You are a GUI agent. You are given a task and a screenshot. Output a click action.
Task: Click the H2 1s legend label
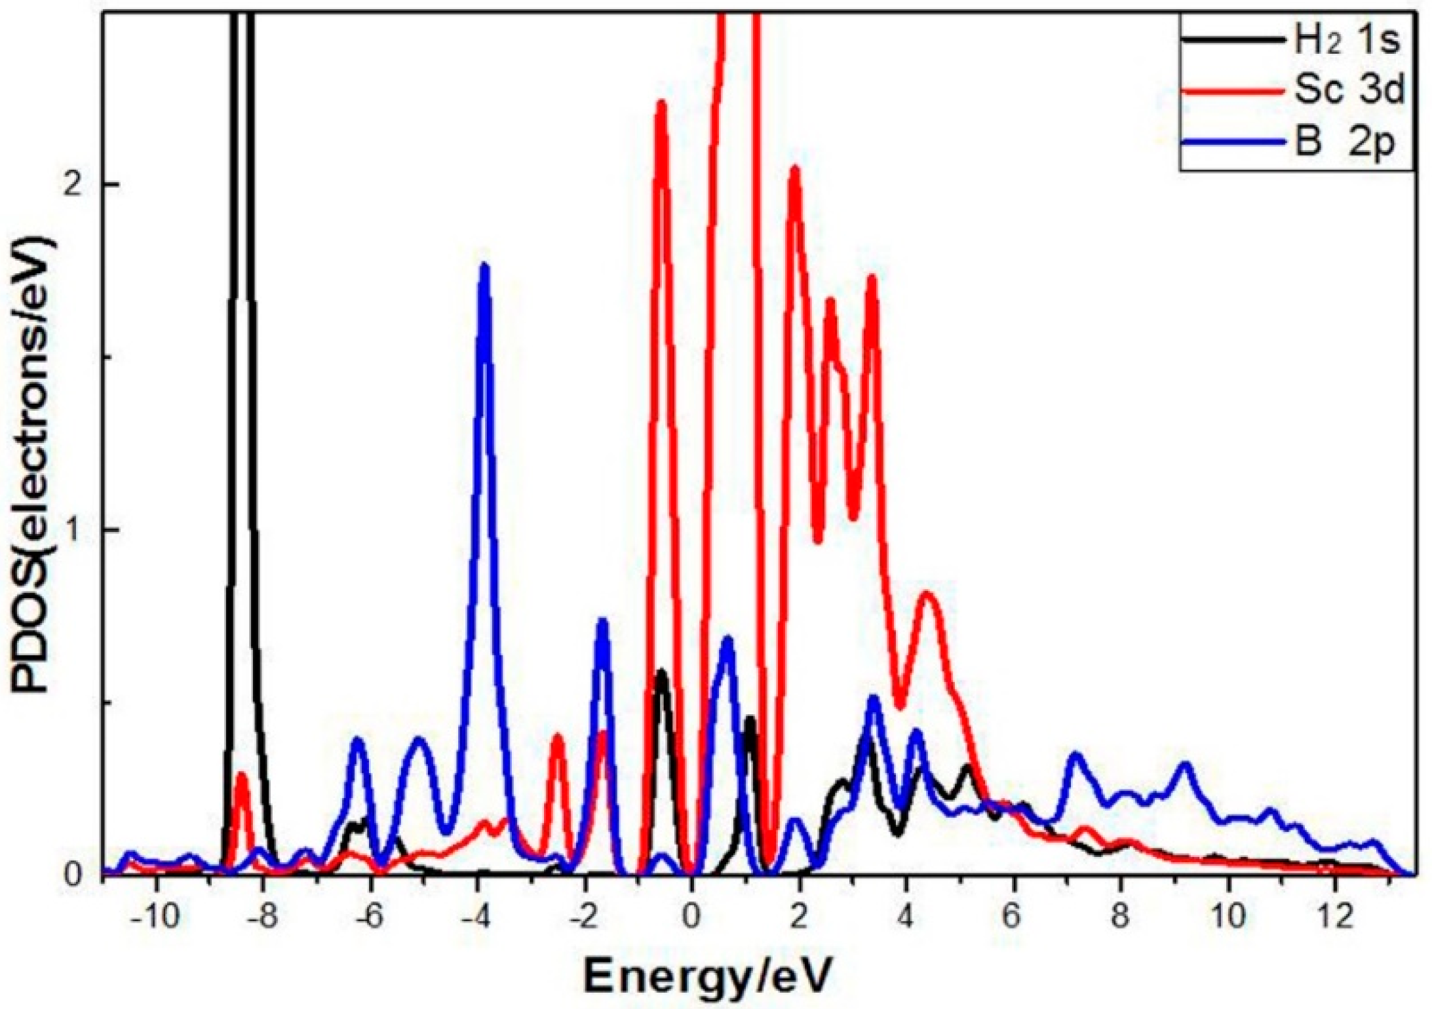(1346, 41)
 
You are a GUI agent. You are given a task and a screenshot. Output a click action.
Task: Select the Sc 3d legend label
(1349, 91)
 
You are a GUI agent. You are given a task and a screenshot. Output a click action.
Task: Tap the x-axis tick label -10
(155, 918)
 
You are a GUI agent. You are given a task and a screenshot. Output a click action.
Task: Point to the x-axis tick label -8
(262, 918)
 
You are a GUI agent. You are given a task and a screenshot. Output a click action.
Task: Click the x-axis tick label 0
(691, 918)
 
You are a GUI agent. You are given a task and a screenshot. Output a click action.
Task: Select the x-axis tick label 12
(1335, 918)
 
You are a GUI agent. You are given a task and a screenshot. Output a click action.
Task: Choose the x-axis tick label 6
(1013, 918)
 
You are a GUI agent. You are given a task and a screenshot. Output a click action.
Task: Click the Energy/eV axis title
(707, 976)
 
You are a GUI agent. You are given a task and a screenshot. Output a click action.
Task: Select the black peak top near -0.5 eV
(661, 673)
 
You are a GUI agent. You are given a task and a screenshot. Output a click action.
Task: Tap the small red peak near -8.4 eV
(241, 776)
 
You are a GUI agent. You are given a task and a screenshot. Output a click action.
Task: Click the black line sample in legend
(1232, 41)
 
